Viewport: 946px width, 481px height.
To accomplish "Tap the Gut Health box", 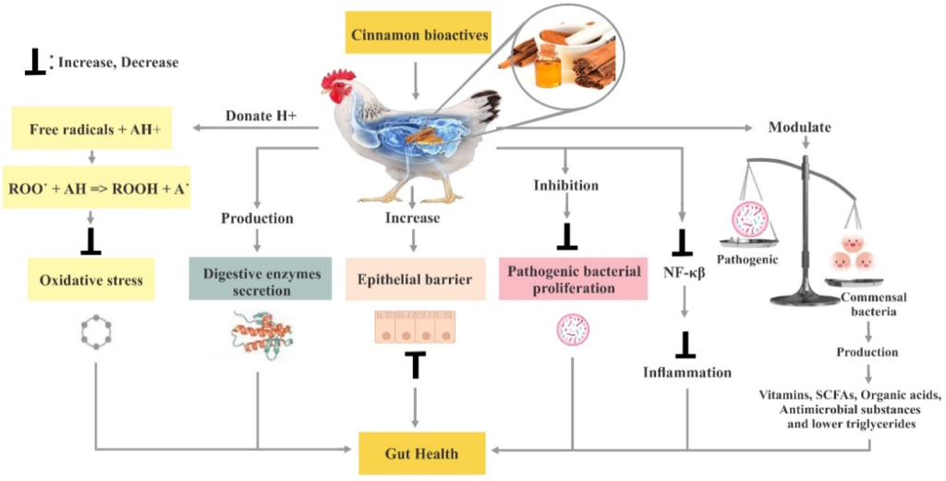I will pyautogui.click(x=421, y=454).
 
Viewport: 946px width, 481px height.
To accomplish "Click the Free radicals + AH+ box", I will pyautogui.click(x=95, y=129).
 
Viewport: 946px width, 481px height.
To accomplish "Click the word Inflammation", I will pyautogui.click(x=687, y=373).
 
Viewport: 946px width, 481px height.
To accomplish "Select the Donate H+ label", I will pyautogui.click(x=261, y=117).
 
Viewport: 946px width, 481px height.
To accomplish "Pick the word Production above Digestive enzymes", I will pyautogui.click(x=257, y=218).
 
